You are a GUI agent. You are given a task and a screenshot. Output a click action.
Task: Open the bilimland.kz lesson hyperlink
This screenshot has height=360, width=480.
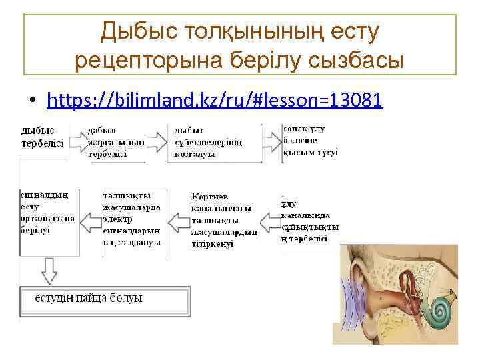(x=215, y=101)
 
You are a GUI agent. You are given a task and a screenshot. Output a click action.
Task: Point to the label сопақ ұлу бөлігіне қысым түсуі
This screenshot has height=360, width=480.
(x=309, y=140)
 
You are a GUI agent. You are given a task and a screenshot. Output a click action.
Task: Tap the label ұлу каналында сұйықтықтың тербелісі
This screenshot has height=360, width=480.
(x=308, y=222)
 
